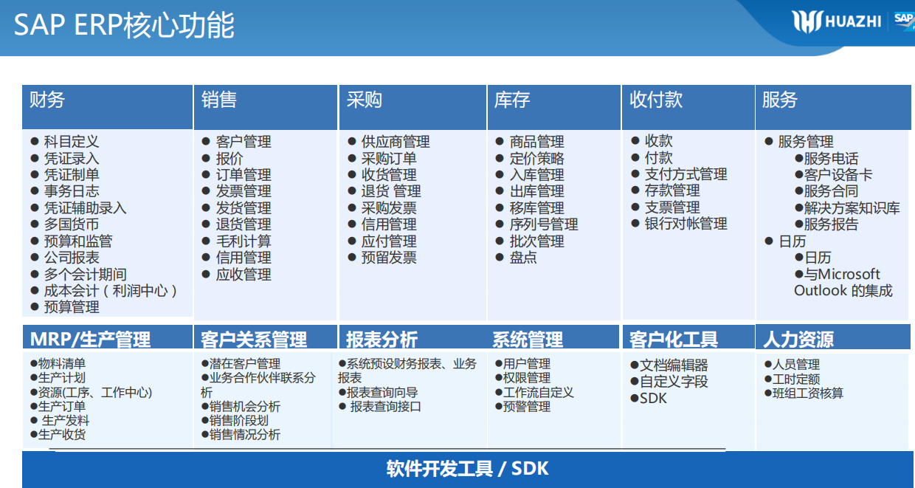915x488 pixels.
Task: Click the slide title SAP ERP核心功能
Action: [125, 25]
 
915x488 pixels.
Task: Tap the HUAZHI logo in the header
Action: [837, 21]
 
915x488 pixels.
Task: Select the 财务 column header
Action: [47, 100]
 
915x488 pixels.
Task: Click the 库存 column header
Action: [512, 100]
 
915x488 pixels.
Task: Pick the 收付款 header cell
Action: [656, 100]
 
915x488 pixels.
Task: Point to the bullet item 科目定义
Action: [71, 142]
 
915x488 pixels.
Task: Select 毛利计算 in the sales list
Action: [244, 241]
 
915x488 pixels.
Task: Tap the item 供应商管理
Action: [396, 142]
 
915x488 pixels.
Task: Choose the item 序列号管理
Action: [544, 224]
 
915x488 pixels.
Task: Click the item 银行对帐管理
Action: [686, 224]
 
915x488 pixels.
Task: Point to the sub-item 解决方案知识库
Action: [852, 208]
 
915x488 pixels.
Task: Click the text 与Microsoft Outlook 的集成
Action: [843, 283]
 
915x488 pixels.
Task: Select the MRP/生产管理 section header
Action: [90, 340]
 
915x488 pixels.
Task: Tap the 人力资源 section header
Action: [798, 340]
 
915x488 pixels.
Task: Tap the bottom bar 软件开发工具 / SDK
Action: [468, 469]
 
